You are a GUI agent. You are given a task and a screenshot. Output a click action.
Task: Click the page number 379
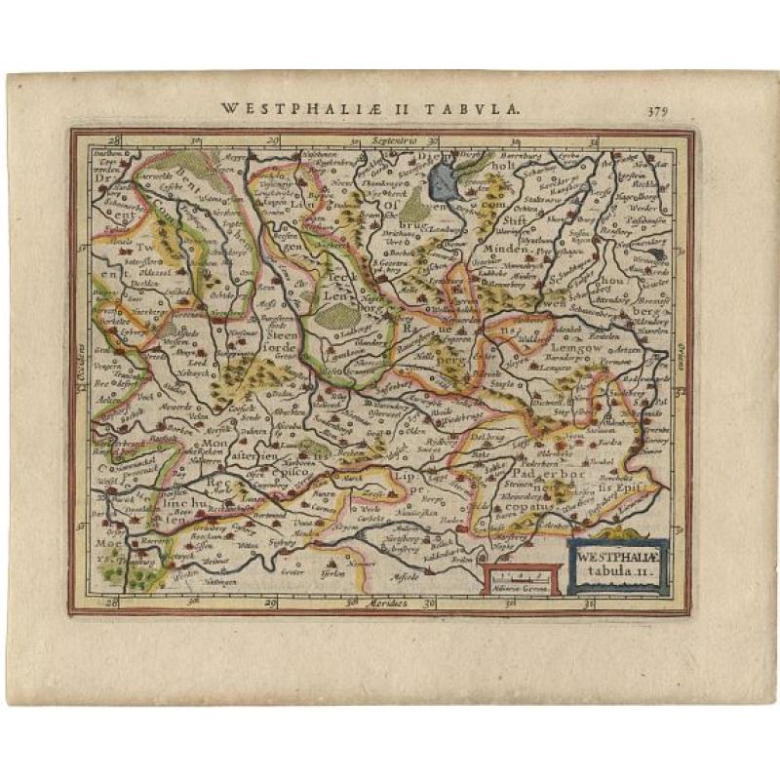click(657, 109)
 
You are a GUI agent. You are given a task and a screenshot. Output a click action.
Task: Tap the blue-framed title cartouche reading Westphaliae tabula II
click(617, 566)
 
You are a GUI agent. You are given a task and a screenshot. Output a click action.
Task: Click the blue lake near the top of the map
click(448, 179)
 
